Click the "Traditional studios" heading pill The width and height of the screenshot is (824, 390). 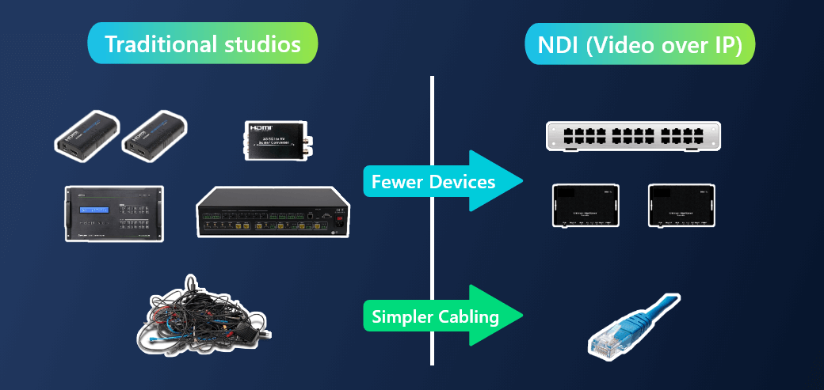tap(202, 44)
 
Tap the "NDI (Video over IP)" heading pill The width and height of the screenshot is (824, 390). tap(639, 44)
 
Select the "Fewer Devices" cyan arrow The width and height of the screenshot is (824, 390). tap(443, 182)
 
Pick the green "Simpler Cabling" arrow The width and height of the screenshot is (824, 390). tap(443, 316)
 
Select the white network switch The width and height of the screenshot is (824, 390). tap(633, 135)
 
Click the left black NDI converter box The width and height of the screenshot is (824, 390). tap(586, 206)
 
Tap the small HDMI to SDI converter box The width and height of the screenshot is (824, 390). tap(277, 139)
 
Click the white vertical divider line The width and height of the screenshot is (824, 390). tap(433, 222)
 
